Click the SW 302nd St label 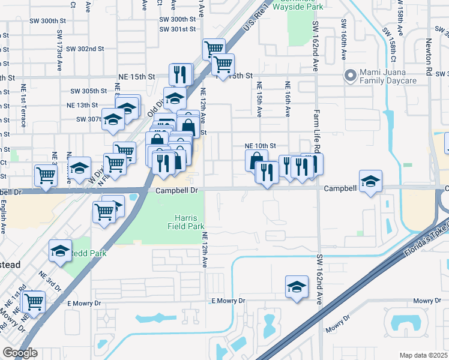tap(85, 49)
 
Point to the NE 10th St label tap(260, 146)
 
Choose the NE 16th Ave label tap(288, 99)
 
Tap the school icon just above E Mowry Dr tap(297, 287)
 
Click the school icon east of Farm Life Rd tap(370, 181)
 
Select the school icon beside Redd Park tap(60, 253)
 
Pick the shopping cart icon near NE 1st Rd tap(34, 301)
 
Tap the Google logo tap(20, 353)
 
